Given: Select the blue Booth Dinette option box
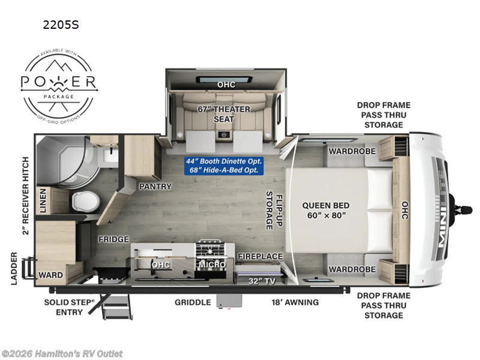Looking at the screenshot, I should (224, 165).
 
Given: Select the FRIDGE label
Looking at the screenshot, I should (114, 239).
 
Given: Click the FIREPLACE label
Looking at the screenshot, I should (260, 256).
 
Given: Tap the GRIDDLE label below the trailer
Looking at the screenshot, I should (193, 302).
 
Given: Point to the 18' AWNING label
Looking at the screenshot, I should (294, 302).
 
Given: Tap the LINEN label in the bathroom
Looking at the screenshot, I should (43, 200).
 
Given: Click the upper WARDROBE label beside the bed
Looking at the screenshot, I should (352, 152).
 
